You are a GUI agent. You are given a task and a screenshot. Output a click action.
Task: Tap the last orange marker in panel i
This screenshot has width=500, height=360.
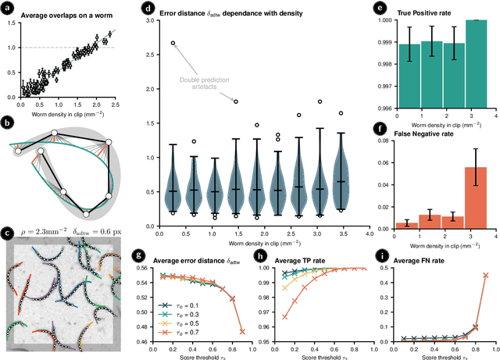coord(485,274)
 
